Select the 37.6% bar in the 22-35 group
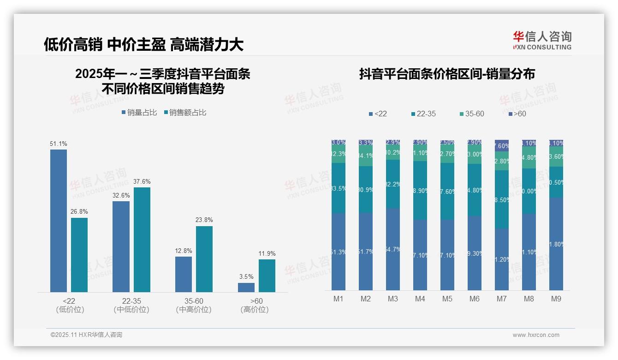pyautogui.click(x=142, y=240)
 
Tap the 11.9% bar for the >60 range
pyautogui.click(x=267, y=276)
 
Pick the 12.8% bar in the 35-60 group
pyautogui.click(x=184, y=274)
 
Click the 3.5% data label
pyautogui.click(x=246, y=277)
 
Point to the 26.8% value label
pyautogui.click(x=79, y=212)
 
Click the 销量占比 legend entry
pyautogui.click(x=139, y=113)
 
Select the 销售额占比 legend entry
pyautogui.click(x=185, y=113)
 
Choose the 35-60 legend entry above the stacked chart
pyautogui.click(x=472, y=114)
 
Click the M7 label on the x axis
pyautogui.click(x=502, y=299)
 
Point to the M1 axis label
pyautogui.click(x=339, y=299)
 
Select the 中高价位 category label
pyautogui.click(x=194, y=310)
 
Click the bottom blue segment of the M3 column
pyautogui.click(x=393, y=249)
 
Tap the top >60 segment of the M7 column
pyautogui.click(x=502, y=145)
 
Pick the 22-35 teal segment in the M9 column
pyautogui.click(x=556, y=182)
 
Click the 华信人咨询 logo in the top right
pyautogui.click(x=542, y=40)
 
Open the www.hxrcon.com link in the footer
pyautogui.click(x=535, y=335)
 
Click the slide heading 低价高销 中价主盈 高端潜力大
pyautogui.click(x=143, y=44)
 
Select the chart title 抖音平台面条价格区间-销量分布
pyautogui.click(x=447, y=74)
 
